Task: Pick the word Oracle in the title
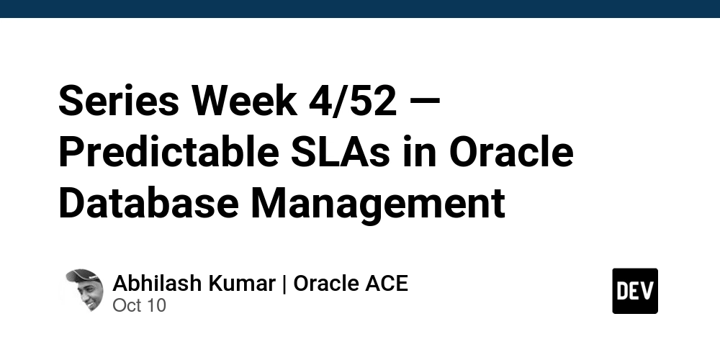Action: click(512, 153)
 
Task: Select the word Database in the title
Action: click(148, 203)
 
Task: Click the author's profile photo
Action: click(84, 291)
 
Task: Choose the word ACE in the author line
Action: click(387, 283)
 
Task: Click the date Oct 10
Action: click(139, 305)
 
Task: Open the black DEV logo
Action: click(634, 291)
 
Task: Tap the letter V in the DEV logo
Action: click(647, 291)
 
